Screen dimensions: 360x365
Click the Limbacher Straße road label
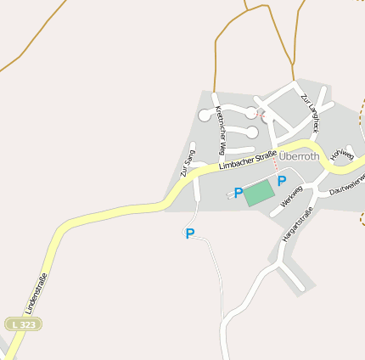click(250, 160)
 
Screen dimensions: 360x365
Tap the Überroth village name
click(300, 155)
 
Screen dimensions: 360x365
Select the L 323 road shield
click(23, 324)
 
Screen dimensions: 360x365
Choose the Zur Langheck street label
click(309, 112)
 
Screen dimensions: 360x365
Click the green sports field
click(260, 192)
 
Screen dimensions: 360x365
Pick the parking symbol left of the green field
click(239, 193)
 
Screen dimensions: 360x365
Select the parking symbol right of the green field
click(282, 181)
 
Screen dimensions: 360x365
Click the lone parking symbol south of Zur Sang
click(190, 233)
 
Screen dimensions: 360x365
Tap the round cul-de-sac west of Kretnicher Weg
click(205, 115)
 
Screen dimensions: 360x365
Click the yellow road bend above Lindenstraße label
click(64, 230)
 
